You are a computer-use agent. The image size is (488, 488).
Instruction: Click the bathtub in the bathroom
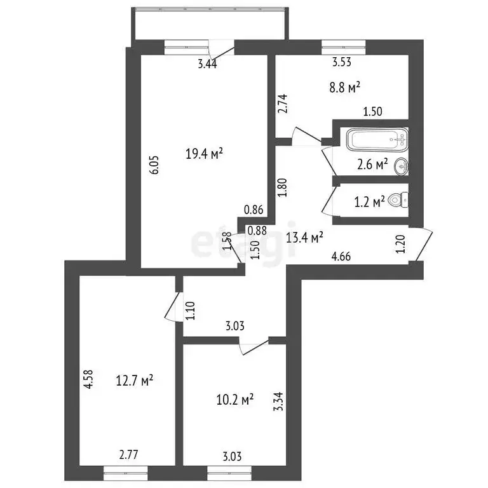pos(376,138)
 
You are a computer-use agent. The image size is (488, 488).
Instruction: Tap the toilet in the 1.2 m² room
pos(398,200)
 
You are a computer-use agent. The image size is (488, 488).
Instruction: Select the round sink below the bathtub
pos(401,166)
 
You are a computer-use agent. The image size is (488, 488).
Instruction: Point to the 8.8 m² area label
pos(345,86)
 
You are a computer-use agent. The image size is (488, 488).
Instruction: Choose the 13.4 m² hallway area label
pos(305,237)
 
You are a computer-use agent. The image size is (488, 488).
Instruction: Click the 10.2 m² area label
pos(235,398)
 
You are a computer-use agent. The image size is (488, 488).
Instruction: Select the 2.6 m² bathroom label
pos(372,165)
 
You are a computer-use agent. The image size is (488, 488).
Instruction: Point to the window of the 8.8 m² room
pos(343,44)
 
